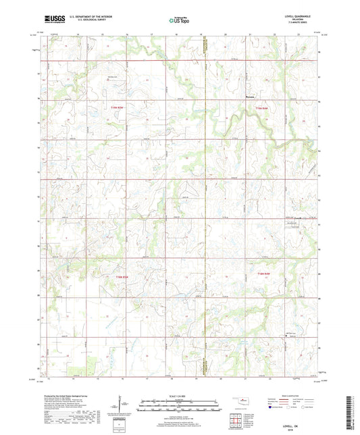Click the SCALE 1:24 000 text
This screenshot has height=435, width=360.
pyautogui.click(x=179, y=396)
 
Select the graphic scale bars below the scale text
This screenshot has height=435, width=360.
pyautogui.click(x=179, y=407)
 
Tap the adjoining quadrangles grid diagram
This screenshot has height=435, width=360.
pyautogui.click(x=236, y=421)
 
